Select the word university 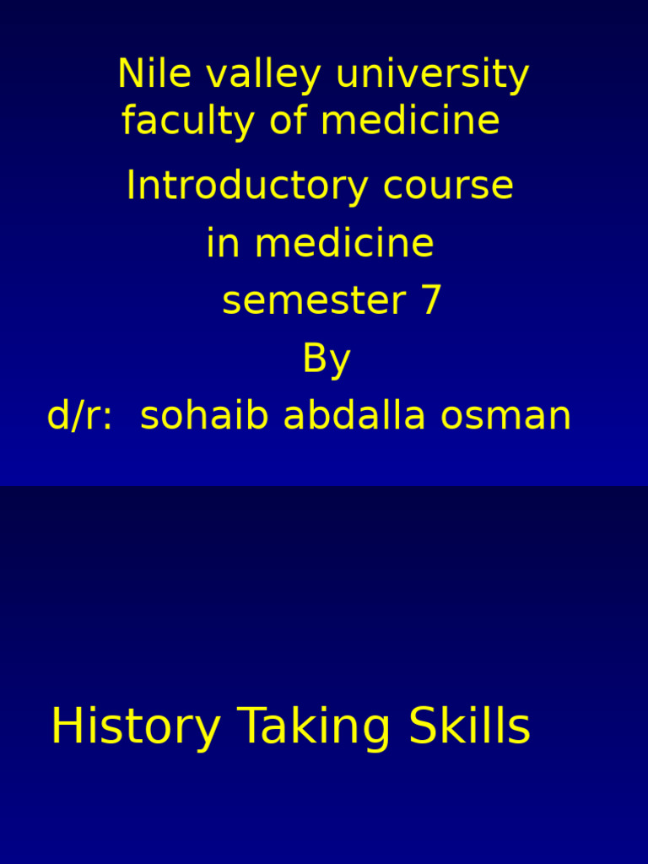[x=432, y=76]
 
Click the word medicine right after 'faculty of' [x=410, y=120]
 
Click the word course [x=448, y=186]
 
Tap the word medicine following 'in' [x=344, y=244]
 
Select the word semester [x=312, y=301]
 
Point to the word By [x=326, y=360]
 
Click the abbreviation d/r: [x=79, y=416]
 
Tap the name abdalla [x=345, y=416]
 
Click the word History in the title [x=135, y=727]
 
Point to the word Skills [x=469, y=727]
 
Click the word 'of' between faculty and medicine [x=289, y=120]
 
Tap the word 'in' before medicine [x=223, y=244]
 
